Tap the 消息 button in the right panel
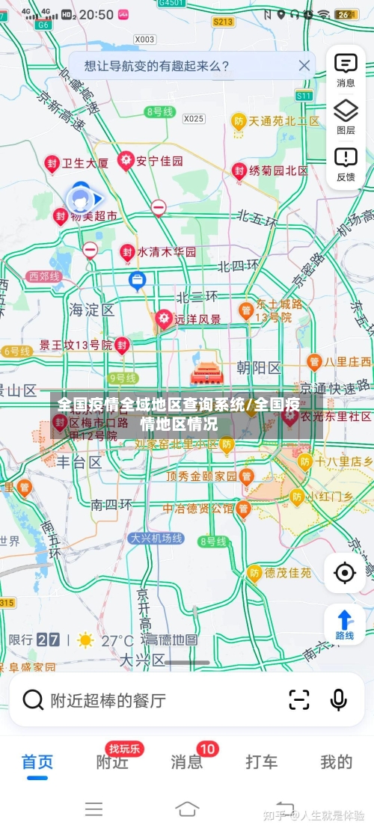point(346,70)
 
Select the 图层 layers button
point(346,117)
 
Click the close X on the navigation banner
point(304,66)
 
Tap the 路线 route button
point(345,625)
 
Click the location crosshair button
point(345,573)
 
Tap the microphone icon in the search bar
point(338,699)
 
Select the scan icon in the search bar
point(299,699)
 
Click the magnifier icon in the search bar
point(33,700)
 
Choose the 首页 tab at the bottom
point(37,762)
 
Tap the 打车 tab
point(262,762)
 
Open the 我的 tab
point(337,762)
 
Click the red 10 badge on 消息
point(207,749)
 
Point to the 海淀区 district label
point(91,309)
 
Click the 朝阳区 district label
point(258,367)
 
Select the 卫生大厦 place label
point(85,162)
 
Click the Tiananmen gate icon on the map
point(203,371)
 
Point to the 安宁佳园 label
point(160,161)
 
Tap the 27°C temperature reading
point(117,640)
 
